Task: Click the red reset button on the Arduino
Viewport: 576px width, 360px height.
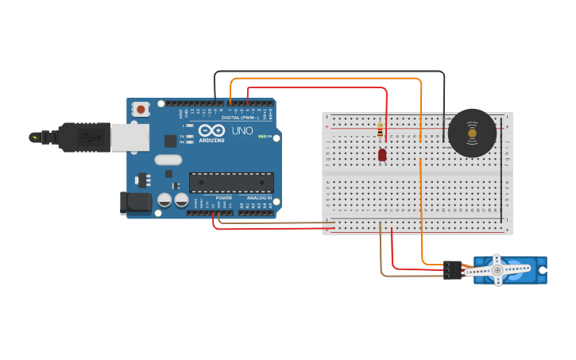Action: [x=141, y=109]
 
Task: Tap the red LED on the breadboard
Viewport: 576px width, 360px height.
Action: [x=382, y=154]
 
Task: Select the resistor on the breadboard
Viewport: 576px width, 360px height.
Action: [x=380, y=132]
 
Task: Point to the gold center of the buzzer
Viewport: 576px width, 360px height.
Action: [x=472, y=133]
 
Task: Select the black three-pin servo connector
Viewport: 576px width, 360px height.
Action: [x=453, y=269]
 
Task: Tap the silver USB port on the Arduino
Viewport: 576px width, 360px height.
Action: [x=129, y=137]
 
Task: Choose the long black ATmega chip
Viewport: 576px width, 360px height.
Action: [x=231, y=182]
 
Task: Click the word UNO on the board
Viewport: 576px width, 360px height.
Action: [x=242, y=130]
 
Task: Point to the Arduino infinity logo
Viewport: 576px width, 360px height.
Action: [x=212, y=130]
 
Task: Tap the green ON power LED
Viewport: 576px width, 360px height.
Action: [x=261, y=137]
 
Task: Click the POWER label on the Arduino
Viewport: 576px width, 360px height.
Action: [x=224, y=198]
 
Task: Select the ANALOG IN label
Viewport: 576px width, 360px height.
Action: [x=259, y=198]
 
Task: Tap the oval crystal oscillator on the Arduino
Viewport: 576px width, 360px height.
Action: [x=168, y=160]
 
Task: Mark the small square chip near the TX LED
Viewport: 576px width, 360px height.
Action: [x=170, y=141]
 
